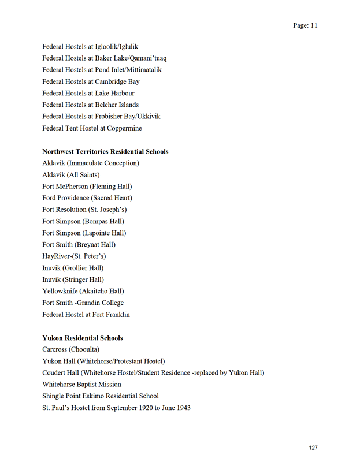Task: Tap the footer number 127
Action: pyautogui.click(x=313, y=448)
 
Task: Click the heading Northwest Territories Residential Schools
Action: pyautogui.click(x=105, y=151)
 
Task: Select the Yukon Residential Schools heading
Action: pyautogui.click(x=82, y=338)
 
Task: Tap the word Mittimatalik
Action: pyautogui.click(x=142, y=70)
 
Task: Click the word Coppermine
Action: pyautogui.click(x=122, y=128)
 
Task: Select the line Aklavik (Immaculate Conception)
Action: pyautogui.click(x=91, y=163)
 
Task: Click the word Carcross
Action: pyautogui.click(x=55, y=349)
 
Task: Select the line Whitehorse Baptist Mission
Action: pyautogui.click(x=81, y=384)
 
